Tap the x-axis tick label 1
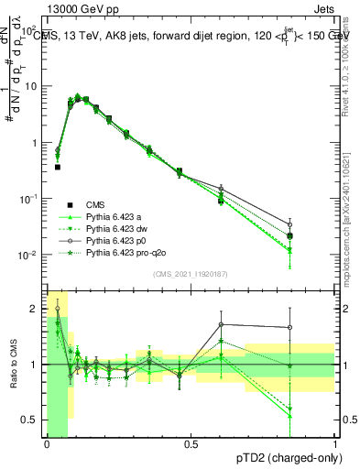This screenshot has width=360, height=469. point(334,444)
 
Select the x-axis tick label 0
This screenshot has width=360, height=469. point(47,444)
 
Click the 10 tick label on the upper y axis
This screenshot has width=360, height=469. point(30,86)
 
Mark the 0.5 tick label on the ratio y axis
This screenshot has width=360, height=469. point(29,420)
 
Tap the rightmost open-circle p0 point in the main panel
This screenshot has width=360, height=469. point(316,224)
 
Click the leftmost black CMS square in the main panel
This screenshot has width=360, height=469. point(58,167)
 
